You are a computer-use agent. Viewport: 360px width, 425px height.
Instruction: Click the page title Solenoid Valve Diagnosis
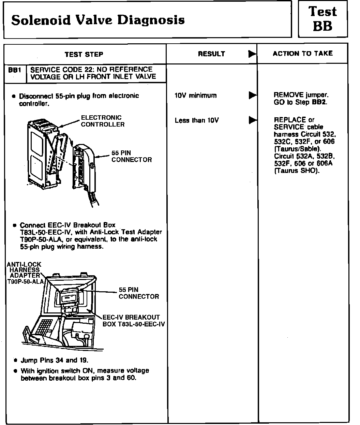coord(98,20)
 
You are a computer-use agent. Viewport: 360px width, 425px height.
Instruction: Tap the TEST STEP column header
coord(84,54)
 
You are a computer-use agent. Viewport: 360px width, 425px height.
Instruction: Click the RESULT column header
coord(211,54)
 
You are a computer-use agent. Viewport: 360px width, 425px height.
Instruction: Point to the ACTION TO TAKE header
coord(303,54)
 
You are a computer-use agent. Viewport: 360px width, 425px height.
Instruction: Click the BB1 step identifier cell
coord(15,70)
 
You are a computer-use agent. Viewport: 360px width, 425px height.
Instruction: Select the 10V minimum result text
coord(195,96)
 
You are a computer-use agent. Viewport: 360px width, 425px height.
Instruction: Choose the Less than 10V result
coord(197,120)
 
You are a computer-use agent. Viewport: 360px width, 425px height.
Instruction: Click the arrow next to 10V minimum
coord(252,95)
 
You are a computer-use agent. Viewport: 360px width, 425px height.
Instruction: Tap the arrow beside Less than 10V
coord(252,120)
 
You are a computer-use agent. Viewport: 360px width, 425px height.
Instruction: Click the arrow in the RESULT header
coord(252,54)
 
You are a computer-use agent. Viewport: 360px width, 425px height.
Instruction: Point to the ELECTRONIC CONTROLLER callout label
coord(102,121)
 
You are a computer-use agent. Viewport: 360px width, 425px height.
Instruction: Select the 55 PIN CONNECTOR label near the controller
coord(132,157)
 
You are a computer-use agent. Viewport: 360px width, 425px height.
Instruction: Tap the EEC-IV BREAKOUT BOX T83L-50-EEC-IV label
coord(133,321)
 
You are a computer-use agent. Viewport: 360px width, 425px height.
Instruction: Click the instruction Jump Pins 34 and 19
coord(55,360)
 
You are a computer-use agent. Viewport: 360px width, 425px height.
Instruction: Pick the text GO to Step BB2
coord(300,102)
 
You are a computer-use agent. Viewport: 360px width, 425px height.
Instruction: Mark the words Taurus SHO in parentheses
coord(297,171)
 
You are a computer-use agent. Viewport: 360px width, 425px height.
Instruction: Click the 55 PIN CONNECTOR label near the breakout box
coord(139,293)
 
